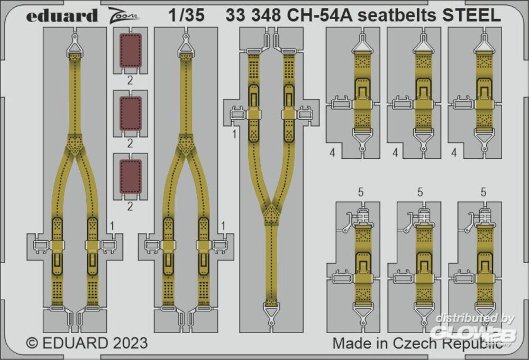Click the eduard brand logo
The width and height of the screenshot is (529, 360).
coord(62,16)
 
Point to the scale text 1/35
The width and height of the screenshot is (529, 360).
coord(187,15)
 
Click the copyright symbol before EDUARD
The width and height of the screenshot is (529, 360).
coord(32,343)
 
